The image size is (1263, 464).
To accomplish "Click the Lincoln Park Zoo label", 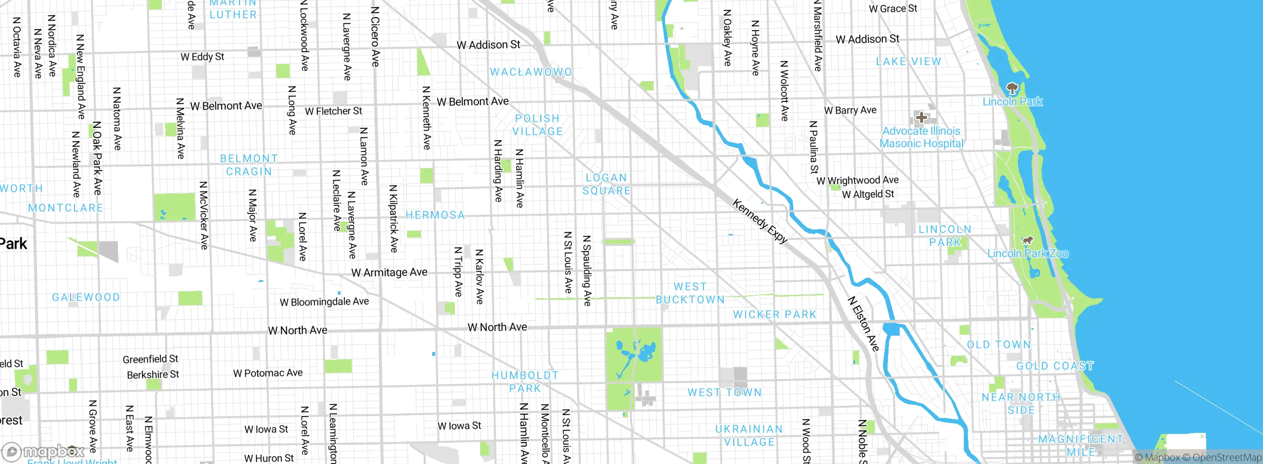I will click(1028, 254).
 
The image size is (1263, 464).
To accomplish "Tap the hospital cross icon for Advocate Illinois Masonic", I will click(921, 117).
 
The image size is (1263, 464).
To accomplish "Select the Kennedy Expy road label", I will click(760, 221).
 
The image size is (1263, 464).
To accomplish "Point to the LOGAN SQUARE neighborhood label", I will click(606, 184).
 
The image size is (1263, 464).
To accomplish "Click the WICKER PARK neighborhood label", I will click(775, 314).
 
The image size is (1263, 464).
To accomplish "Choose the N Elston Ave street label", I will click(863, 324).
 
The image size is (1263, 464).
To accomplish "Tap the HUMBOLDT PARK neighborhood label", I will click(525, 382).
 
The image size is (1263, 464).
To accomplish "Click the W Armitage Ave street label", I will click(389, 272).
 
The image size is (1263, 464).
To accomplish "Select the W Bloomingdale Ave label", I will click(324, 302).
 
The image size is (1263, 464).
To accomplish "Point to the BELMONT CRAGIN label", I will click(249, 165).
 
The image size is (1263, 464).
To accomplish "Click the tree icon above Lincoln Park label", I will click(1012, 89).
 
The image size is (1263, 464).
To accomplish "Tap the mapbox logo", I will click(43, 451).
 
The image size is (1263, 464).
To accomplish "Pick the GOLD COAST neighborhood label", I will click(1055, 366).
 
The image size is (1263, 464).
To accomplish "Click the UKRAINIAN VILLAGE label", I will click(749, 435).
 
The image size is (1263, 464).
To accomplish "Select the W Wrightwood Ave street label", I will click(857, 181).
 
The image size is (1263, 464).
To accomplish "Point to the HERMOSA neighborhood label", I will click(435, 215).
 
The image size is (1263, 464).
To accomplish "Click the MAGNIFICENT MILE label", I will click(1080, 445).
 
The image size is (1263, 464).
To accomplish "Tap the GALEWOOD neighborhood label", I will click(86, 297).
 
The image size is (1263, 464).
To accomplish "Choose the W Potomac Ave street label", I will click(268, 373).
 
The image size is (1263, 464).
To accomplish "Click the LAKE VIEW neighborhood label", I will click(908, 62).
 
